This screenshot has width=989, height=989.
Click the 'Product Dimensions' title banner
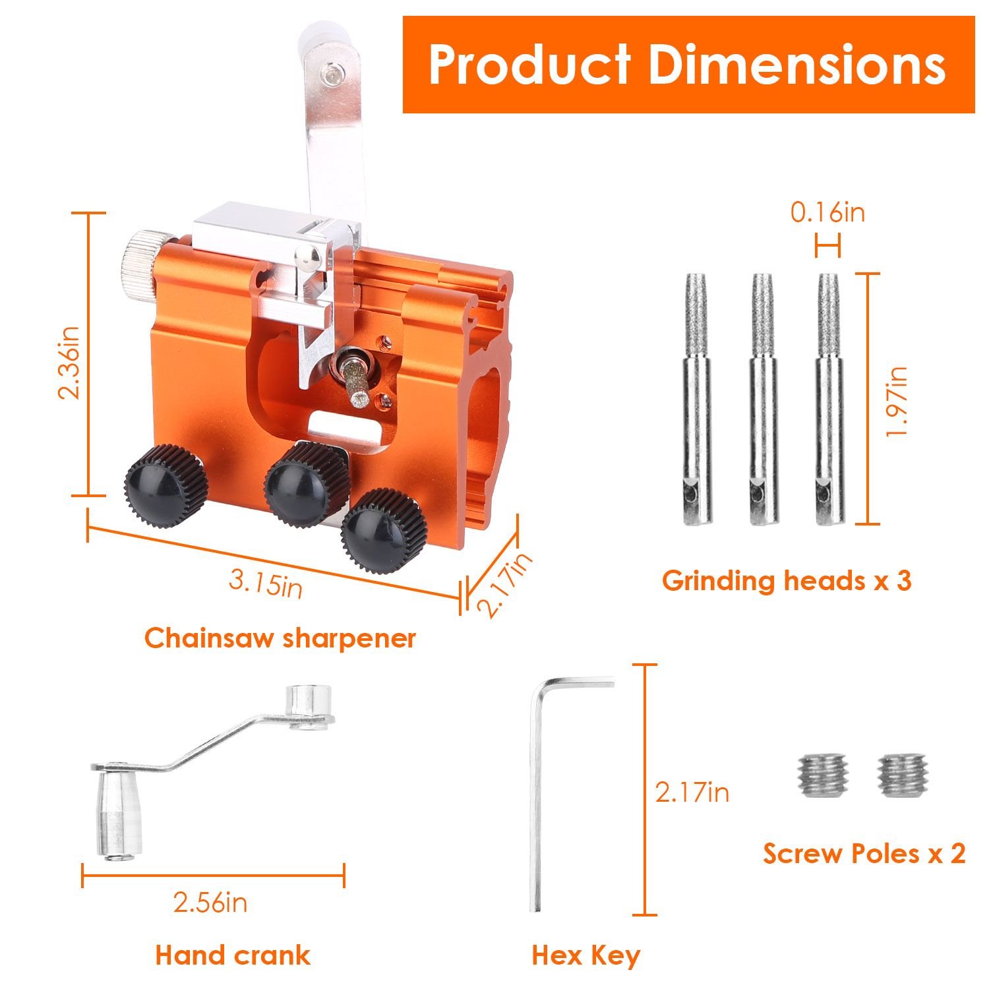688,65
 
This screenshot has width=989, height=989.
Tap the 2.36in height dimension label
69,362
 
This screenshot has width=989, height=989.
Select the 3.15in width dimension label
266,584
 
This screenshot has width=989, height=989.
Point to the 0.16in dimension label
827,213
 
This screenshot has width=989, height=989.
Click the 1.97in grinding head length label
897,401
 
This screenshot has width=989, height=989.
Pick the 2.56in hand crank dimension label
210,902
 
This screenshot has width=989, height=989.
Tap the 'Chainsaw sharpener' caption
280,638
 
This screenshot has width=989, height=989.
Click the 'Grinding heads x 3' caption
787,581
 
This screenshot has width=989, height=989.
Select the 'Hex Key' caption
585,955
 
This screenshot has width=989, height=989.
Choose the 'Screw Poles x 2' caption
864,853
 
